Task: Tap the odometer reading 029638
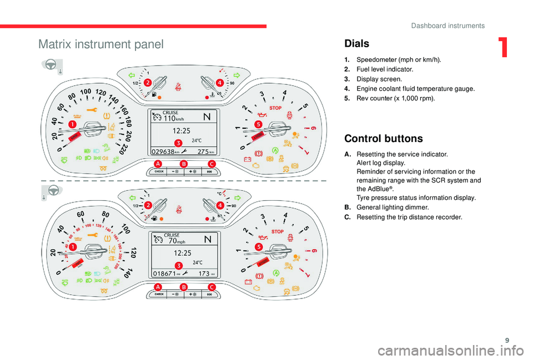tap(164, 151)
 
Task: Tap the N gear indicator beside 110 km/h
tap(208, 117)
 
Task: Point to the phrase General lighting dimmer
tap(389, 207)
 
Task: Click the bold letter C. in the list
tap(347, 217)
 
